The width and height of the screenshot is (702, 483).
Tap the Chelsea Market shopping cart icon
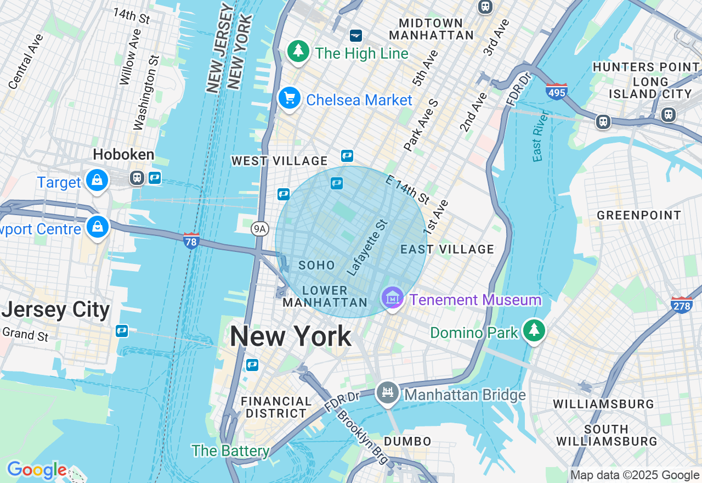pyautogui.click(x=289, y=99)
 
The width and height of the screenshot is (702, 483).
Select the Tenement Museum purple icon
pyautogui.click(x=393, y=298)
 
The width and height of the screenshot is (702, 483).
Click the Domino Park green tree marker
pyautogui.click(x=534, y=330)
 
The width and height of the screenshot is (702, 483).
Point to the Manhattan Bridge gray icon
pyautogui.click(x=388, y=393)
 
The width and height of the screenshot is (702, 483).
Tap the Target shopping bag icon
pyautogui.click(x=97, y=180)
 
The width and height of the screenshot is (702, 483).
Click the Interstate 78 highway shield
pyautogui.click(x=191, y=240)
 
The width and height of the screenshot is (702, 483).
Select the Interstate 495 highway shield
pyautogui.click(x=556, y=91)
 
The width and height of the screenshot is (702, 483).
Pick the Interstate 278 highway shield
pyautogui.click(x=682, y=304)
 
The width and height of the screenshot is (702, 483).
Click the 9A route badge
pyautogui.click(x=260, y=229)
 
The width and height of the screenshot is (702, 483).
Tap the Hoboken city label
pyautogui.click(x=123, y=154)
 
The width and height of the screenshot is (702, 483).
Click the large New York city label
pyautogui.click(x=291, y=336)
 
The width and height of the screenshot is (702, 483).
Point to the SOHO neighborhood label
pyautogui.click(x=316, y=266)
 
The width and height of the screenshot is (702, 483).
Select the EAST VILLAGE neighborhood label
pyautogui.click(x=447, y=250)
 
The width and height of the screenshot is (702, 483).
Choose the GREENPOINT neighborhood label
pyautogui.click(x=639, y=215)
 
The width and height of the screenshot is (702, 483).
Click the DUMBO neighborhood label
pyautogui.click(x=407, y=441)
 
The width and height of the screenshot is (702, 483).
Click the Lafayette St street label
pyautogui.click(x=367, y=248)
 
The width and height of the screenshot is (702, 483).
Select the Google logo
pyautogui.click(x=37, y=470)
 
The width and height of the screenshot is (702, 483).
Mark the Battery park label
pyautogui.click(x=230, y=451)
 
